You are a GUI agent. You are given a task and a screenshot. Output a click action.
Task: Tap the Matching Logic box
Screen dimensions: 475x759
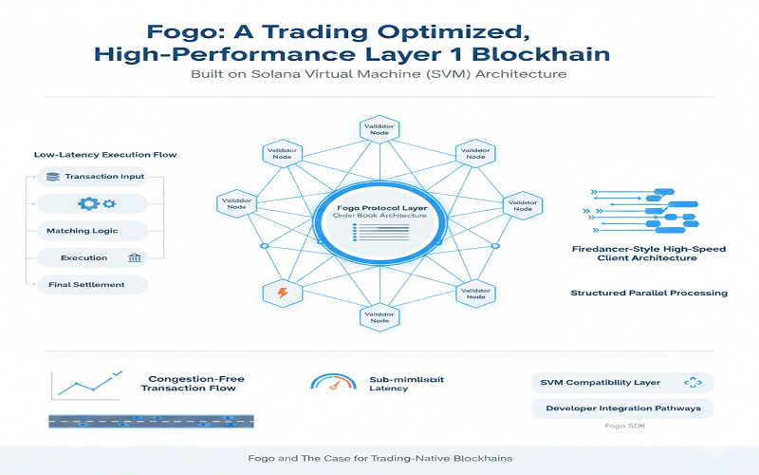point(91,231)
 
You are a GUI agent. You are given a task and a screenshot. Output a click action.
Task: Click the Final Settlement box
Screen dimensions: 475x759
point(91,284)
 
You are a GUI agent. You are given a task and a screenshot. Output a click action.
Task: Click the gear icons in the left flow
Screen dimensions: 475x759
point(92,203)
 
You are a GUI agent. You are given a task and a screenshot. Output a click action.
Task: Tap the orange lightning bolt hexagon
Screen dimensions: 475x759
point(281,293)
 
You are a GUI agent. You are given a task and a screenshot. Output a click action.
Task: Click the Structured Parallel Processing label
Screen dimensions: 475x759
point(649,293)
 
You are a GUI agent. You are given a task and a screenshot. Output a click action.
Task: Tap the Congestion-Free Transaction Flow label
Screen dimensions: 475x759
point(194,383)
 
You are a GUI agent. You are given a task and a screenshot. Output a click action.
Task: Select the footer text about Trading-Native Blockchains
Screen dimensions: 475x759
point(379,458)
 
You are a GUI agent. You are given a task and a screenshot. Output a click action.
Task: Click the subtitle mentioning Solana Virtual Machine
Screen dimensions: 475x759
point(379,74)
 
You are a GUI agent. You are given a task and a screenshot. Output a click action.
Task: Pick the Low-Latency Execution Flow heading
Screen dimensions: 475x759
point(105,154)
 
